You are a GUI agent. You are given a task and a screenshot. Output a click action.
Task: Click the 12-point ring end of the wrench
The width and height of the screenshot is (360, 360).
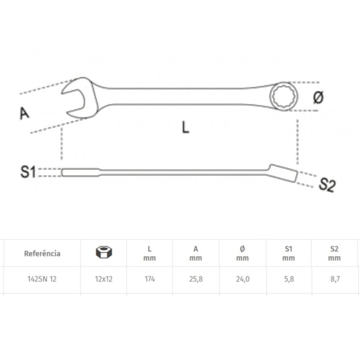click(284, 97)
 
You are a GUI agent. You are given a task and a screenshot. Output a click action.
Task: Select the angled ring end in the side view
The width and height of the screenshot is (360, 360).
click(284, 173)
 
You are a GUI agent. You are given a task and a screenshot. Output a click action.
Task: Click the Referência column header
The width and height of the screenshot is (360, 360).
click(42, 253)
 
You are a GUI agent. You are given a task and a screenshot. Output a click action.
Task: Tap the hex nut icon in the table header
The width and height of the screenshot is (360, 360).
click(104, 253)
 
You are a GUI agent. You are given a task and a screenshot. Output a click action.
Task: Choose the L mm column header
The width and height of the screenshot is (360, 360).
click(150, 253)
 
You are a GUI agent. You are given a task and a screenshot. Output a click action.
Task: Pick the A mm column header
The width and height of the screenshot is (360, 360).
click(196, 253)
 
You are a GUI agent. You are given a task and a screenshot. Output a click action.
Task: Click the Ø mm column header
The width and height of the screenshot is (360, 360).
click(242, 253)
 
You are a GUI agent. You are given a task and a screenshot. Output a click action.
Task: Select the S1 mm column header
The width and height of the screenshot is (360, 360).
click(288, 253)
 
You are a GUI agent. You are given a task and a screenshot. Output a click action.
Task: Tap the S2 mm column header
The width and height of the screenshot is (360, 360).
click(333, 253)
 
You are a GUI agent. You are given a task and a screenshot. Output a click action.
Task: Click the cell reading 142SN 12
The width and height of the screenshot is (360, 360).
click(42, 279)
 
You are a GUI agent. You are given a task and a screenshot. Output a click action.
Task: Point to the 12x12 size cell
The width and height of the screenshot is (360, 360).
click(104, 279)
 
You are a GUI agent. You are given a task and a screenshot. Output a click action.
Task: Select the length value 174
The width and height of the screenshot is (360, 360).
click(150, 279)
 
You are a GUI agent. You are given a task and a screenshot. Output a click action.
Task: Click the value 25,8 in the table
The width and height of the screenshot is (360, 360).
click(196, 279)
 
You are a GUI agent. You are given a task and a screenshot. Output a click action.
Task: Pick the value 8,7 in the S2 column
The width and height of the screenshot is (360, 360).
click(333, 279)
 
